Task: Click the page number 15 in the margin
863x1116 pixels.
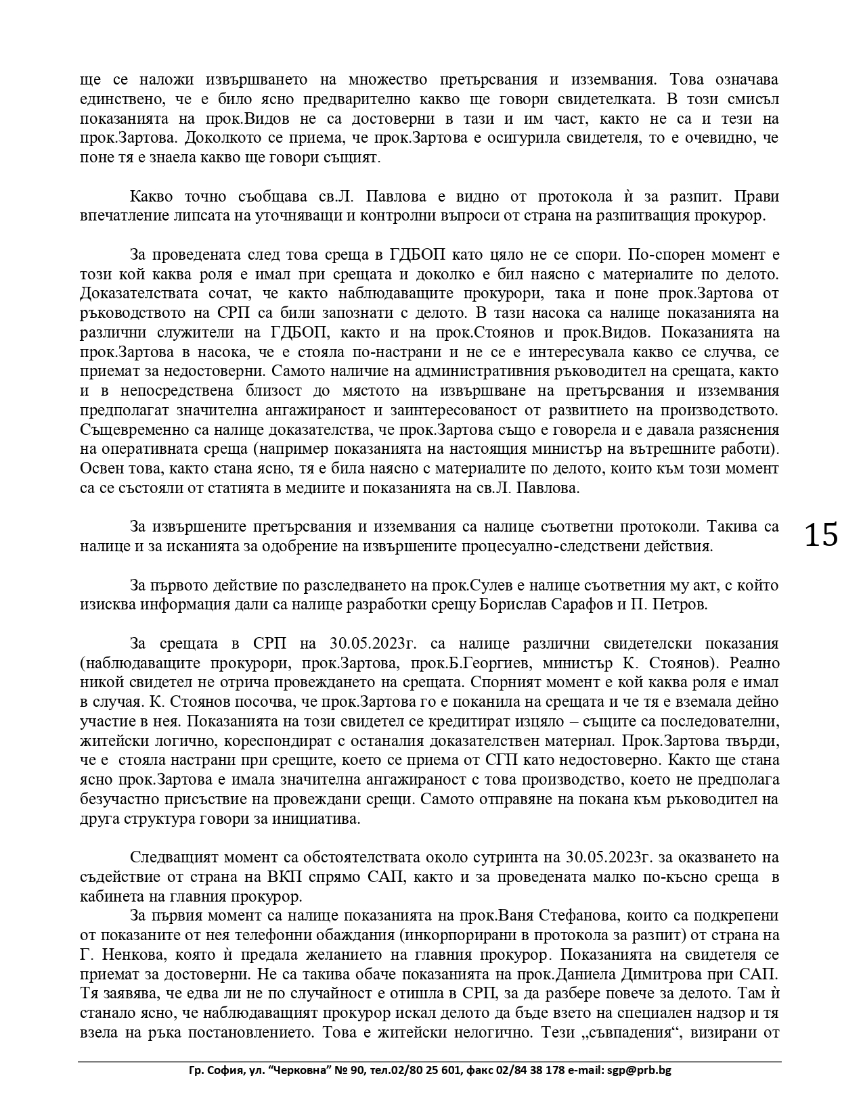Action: pyautogui.click(x=820, y=535)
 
